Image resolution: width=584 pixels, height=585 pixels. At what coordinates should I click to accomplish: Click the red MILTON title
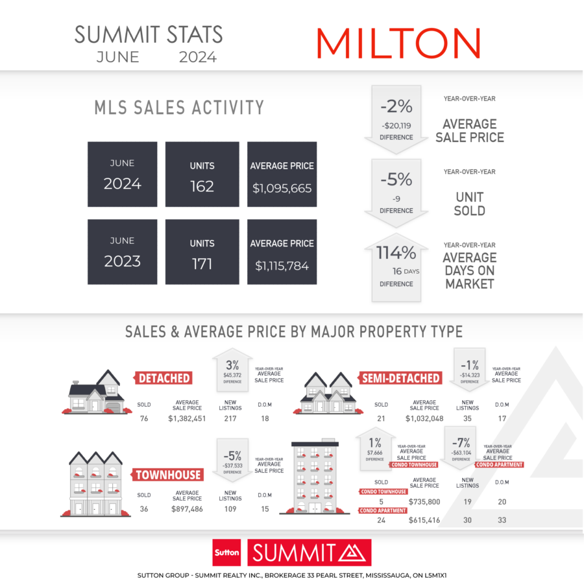[398, 43]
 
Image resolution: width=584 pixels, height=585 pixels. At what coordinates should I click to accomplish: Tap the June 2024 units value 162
[202, 186]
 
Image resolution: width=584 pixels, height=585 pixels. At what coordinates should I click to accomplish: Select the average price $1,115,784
[282, 266]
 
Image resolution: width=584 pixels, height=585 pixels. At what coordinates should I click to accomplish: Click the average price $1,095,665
[282, 188]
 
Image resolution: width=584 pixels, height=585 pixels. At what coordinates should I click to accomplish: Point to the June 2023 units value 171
[202, 264]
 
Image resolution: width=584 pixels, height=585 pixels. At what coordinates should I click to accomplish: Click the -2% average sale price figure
[396, 106]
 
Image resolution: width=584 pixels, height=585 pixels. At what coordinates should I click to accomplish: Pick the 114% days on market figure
[396, 252]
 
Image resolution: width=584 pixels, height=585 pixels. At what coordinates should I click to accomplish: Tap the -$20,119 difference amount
[396, 126]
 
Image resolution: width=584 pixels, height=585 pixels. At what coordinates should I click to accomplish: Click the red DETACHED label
[164, 378]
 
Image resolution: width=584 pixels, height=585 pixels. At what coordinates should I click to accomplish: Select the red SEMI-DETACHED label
[400, 378]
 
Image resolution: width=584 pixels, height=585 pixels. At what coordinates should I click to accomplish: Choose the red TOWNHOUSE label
[167, 475]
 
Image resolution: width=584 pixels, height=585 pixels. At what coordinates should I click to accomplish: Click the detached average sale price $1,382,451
[187, 418]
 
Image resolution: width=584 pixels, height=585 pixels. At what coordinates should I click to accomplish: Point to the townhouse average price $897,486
[187, 509]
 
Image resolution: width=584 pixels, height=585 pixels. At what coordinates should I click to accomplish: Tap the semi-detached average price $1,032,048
[424, 418]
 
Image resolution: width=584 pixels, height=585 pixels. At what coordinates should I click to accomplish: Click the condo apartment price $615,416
[424, 520]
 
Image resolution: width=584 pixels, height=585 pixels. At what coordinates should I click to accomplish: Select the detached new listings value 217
[230, 418]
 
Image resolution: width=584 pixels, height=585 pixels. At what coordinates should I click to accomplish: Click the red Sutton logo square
[226, 553]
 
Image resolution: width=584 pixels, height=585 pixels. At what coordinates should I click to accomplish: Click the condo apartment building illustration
[315, 477]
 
